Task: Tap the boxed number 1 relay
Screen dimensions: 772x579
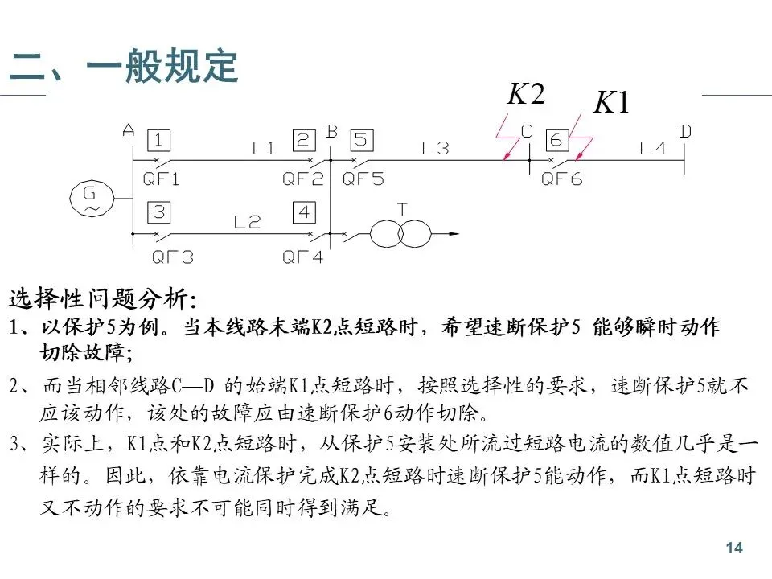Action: pos(158,142)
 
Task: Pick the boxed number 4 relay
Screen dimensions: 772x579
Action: pos(303,213)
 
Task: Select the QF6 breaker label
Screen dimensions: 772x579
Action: pos(561,180)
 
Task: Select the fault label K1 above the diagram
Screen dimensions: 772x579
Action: pos(612,103)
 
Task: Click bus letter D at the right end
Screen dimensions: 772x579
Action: pos(685,131)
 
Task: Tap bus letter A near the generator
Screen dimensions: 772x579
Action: pos(129,129)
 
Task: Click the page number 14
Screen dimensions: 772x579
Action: pos(733,548)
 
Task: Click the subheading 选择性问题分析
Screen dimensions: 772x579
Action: pos(101,299)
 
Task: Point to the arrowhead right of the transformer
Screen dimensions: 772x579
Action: pos(454,234)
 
